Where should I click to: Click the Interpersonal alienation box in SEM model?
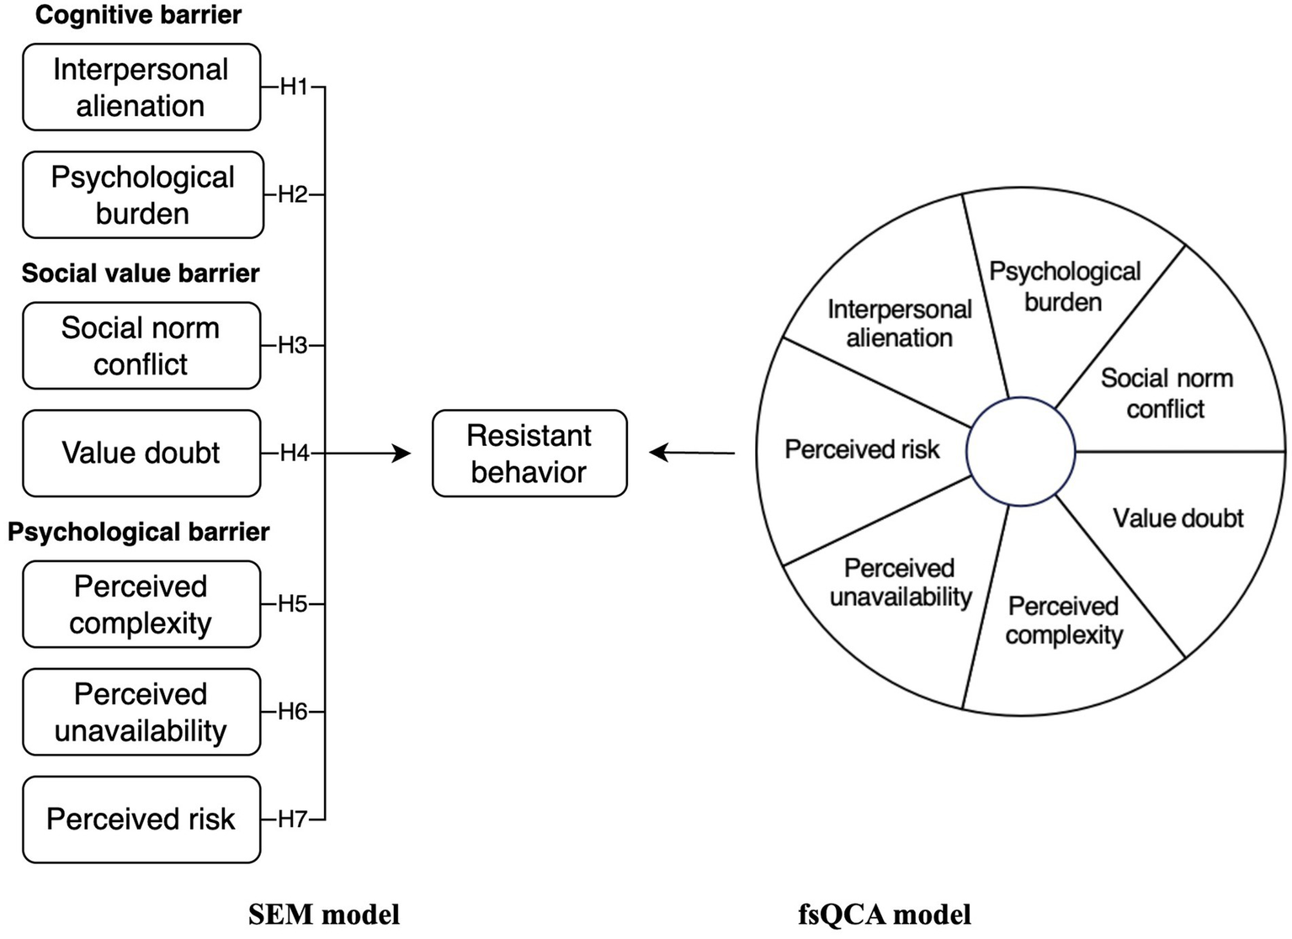click(x=141, y=88)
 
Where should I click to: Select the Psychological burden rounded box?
click(x=143, y=195)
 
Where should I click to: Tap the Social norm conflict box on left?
click(x=141, y=346)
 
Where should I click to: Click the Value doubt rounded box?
click(x=141, y=454)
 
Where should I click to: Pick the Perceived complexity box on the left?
click(x=141, y=604)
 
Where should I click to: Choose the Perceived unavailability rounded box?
click(x=141, y=712)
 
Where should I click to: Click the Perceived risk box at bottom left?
click(x=141, y=820)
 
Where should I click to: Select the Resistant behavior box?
click(x=529, y=454)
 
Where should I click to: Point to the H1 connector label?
click(x=294, y=87)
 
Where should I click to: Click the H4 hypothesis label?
click(x=294, y=454)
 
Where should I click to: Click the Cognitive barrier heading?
click(x=138, y=15)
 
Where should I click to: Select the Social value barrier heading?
click(x=141, y=273)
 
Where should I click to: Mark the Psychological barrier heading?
click(x=138, y=532)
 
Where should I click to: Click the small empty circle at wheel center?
click(x=1020, y=452)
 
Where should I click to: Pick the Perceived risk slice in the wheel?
click(x=862, y=450)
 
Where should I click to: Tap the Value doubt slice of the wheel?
click(x=1177, y=518)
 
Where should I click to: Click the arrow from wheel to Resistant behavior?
click(x=692, y=454)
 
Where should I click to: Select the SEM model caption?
click(x=324, y=915)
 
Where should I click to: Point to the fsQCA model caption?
click(x=884, y=915)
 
